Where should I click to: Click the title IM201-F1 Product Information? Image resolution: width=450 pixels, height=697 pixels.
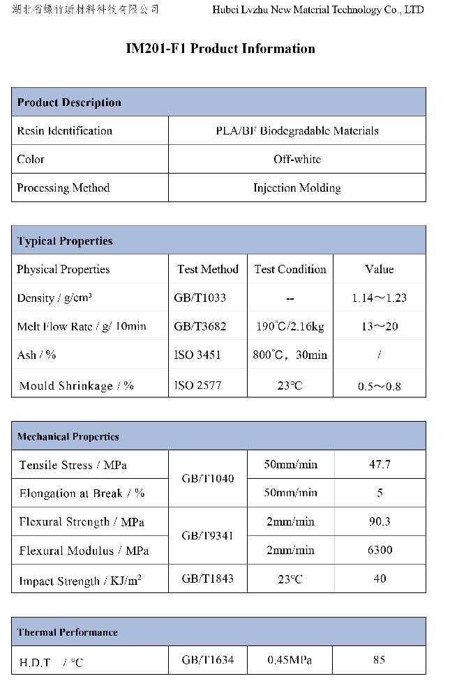point(220,49)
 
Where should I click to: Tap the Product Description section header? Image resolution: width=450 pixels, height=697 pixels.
point(69,102)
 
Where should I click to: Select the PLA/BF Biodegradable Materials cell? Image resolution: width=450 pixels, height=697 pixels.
point(297,130)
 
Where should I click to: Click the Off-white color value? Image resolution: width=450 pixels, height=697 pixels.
point(297,159)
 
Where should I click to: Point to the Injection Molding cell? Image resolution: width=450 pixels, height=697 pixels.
point(297,187)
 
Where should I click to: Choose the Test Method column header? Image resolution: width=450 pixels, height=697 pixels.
point(208,269)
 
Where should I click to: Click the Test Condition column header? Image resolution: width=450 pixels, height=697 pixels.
point(290,269)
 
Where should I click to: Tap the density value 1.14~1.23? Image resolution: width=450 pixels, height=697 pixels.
point(379,298)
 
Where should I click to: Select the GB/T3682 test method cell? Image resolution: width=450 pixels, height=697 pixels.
point(200,326)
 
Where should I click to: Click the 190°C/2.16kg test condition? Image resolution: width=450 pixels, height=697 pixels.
point(290,326)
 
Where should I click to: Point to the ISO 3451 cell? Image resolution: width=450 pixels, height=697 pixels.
point(197,355)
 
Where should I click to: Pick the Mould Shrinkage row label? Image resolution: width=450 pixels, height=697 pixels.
point(77,385)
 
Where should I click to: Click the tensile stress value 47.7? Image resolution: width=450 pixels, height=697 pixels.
point(380,464)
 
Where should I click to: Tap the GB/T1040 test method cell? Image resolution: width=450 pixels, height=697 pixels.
point(208,479)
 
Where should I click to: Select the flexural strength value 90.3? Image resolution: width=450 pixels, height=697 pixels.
point(380,521)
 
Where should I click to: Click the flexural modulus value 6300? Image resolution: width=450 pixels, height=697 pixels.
point(380,550)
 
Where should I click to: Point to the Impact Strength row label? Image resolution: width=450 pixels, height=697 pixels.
point(80,580)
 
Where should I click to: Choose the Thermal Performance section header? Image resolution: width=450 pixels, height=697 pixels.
point(68,632)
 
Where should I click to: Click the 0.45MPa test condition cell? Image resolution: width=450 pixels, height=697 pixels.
point(290,659)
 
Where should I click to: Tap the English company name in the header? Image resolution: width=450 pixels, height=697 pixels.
point(317,10)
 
